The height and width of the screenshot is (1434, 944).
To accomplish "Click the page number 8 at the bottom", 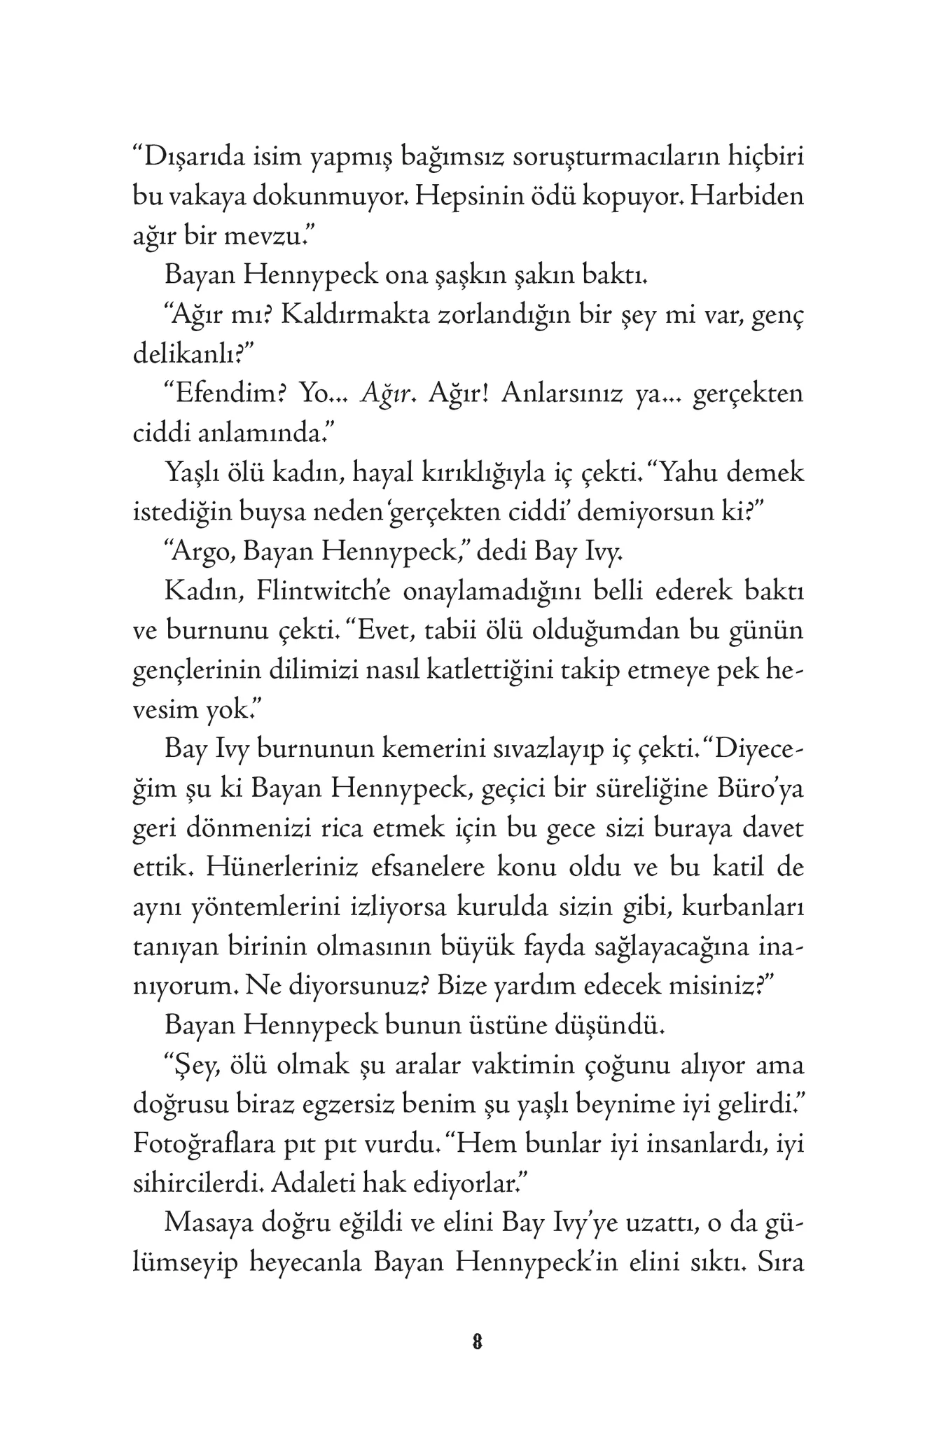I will click(477, 1342).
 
